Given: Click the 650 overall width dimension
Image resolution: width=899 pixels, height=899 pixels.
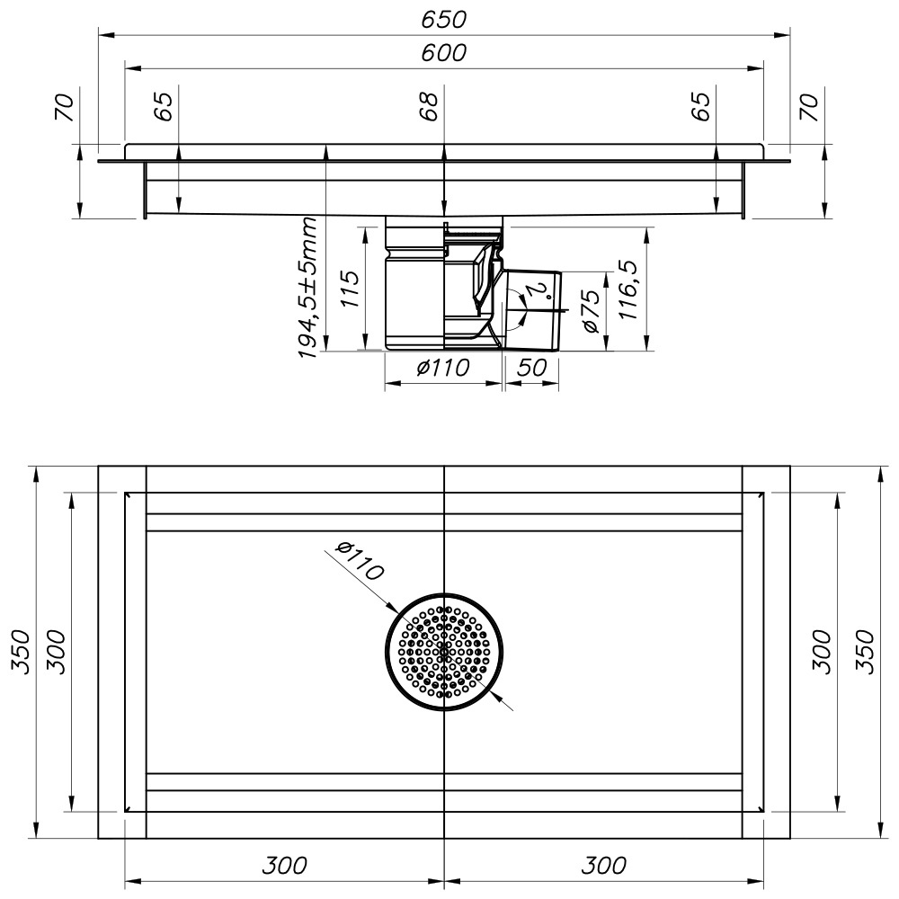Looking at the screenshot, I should coord(445,18).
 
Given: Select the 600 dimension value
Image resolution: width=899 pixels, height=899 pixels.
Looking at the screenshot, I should coord(445,53).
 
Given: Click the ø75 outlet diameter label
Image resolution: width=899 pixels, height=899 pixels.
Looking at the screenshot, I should coord(591,311).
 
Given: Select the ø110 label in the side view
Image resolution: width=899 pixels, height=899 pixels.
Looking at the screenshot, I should coord(444,369).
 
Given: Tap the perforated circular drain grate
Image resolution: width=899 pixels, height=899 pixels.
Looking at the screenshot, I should coord(444,651).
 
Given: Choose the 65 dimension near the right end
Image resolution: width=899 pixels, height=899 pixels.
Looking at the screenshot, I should coord(702,106).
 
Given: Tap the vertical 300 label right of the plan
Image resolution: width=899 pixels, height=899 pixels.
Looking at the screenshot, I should coord(821,651).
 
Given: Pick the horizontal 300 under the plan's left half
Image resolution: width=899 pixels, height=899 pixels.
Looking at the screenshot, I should coord(284,866).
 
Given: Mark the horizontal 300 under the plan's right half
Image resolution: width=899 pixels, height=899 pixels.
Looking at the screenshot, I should coord(603,866).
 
